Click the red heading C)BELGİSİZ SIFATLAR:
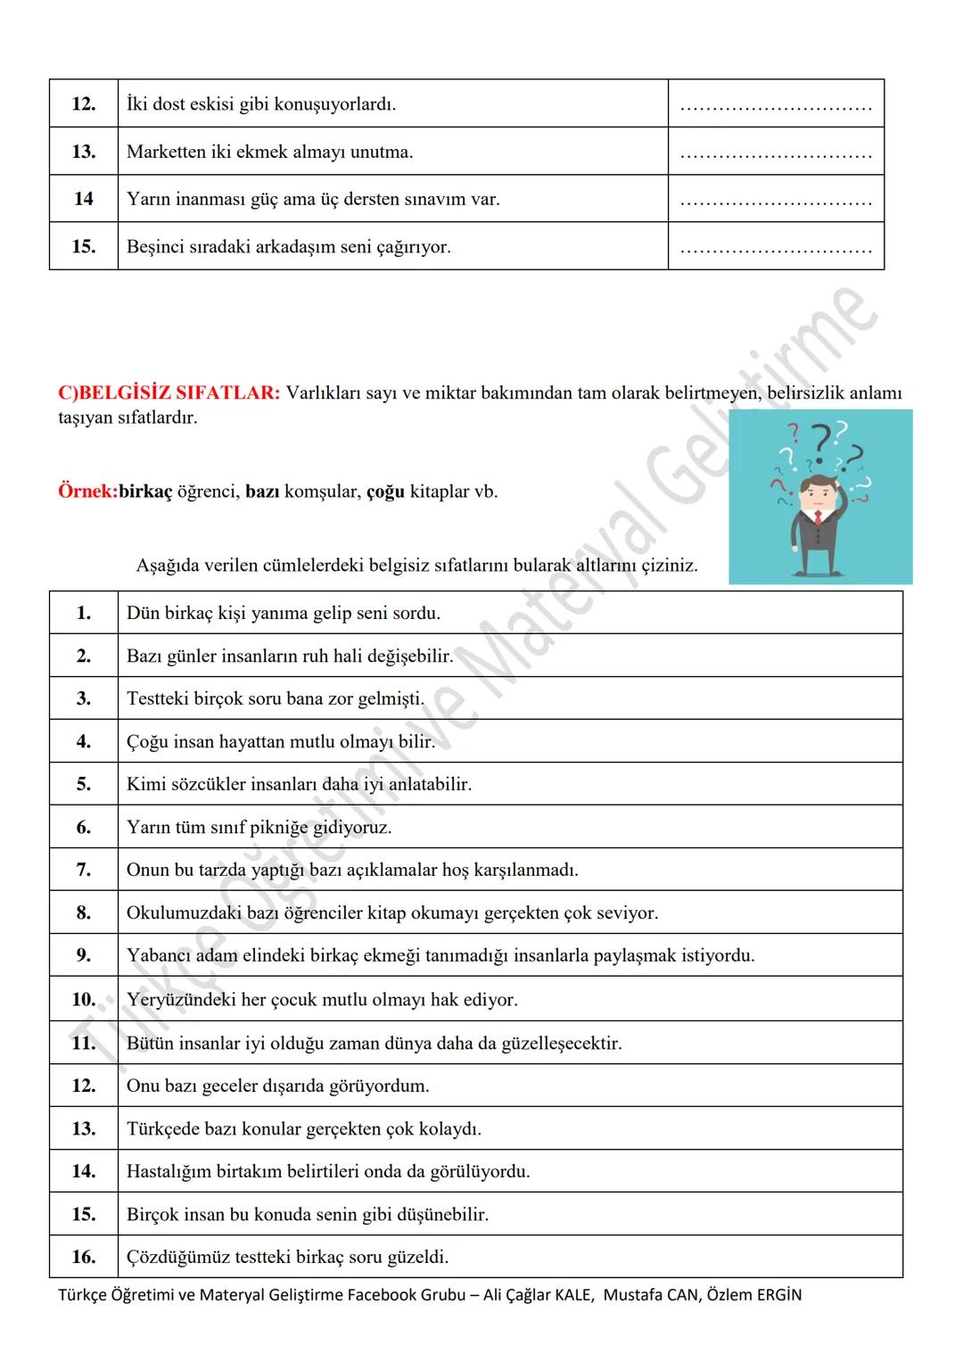point(169,393)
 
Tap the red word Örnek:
point(87,491)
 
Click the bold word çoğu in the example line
point(385,491)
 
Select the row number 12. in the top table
point(83,104)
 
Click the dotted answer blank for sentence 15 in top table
point(775,247)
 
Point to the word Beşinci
point(157,247)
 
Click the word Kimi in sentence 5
point(144,785)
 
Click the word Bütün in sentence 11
point(150,1044)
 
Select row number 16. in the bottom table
point(83,1258)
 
